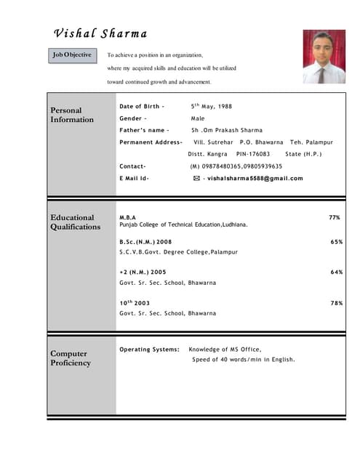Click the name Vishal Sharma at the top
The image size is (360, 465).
[x=100, y=34]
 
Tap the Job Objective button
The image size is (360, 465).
[x=72, y=55]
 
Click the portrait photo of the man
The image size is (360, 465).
[x=324, y=57]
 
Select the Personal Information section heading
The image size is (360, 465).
[x=72, y=115]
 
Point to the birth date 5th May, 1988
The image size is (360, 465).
[x=212, y=106]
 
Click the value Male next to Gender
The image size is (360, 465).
[x=198, y=118]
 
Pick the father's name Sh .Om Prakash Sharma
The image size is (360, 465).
[x=227, y=130]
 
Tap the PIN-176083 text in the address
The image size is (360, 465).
[x=253, y=154]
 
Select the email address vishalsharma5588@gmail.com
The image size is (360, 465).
[x=255, y=178]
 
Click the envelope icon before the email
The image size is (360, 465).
[x=197, y=178]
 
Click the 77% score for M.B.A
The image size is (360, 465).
[x=335, y=217]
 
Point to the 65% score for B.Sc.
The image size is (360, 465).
[x=337, y=241]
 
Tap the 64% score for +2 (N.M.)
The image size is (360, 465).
[x=337, y=272]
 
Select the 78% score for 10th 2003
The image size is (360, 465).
[x=337, y=303]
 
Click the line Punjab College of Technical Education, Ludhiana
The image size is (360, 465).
[x=183, y=225]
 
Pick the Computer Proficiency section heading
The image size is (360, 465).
[x=71, y=358]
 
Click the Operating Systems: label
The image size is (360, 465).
[x=149, y=349]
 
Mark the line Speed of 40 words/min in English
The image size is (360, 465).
[x=244, y=360]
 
